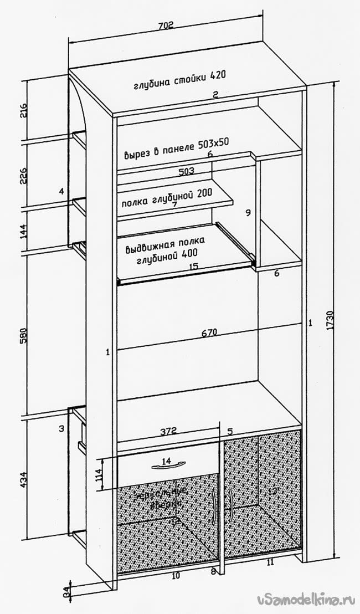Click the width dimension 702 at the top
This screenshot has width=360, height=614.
coord(166,25)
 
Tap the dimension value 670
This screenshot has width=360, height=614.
coord(209,333)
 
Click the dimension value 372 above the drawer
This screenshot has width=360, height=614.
coord(168,430)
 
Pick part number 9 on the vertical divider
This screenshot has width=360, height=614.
coord(248,212)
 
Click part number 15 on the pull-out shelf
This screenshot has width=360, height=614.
coord(193,267)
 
